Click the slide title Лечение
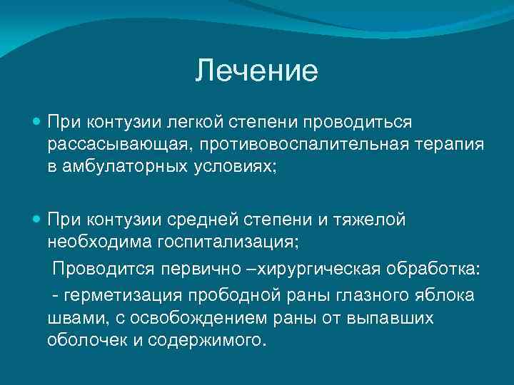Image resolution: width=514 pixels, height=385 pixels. tap(256, 71)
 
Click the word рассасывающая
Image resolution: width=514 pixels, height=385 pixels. tap(117, 145)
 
